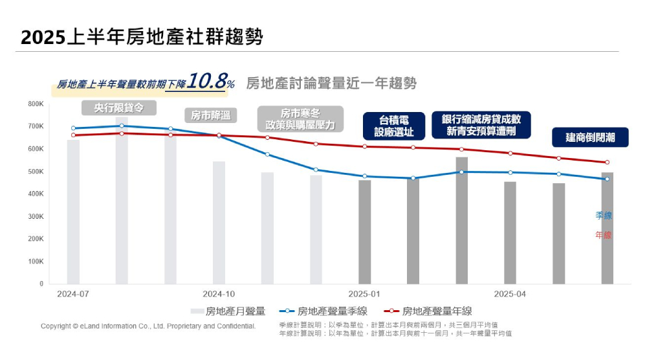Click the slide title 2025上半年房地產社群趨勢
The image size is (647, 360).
pyautogui.click(x=142, y=36)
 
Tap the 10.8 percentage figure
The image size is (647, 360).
pyautogui.click(x=210, y=82)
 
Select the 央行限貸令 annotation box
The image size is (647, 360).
pyautogui.click(x=118, y=107)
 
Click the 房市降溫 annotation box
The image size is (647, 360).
pyautogui.click(x=211, y=115)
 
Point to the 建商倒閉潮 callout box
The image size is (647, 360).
pyautogui.click(x=589, y=137)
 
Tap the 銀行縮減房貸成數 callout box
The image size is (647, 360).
pyautogui.click(x=481, y=125)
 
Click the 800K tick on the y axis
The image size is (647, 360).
pyautogui.click(x=36, y=104)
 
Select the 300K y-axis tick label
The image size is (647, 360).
pyautogui.click(x=36, y=216)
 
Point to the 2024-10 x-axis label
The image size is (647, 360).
pyautogui.click(x=219, y=294)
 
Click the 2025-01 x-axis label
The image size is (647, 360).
pyautogui.click(x=364, y=294)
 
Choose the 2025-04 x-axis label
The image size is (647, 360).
pyautogui.click(x=510, y=294)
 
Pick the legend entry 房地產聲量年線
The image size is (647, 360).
pyautogui.click(x=428, y=311)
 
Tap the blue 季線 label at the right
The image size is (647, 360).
pyautogui.click(x=603, y=216)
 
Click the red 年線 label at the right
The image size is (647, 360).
pyautogui.click(x=603, y=235)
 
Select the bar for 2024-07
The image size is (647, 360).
pyautogui.click(x=73, y=212)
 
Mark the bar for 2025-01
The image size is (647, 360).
pyautogui.click(x=364, y=232)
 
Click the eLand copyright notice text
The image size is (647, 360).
pyautogui.click(x=148, y=326)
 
